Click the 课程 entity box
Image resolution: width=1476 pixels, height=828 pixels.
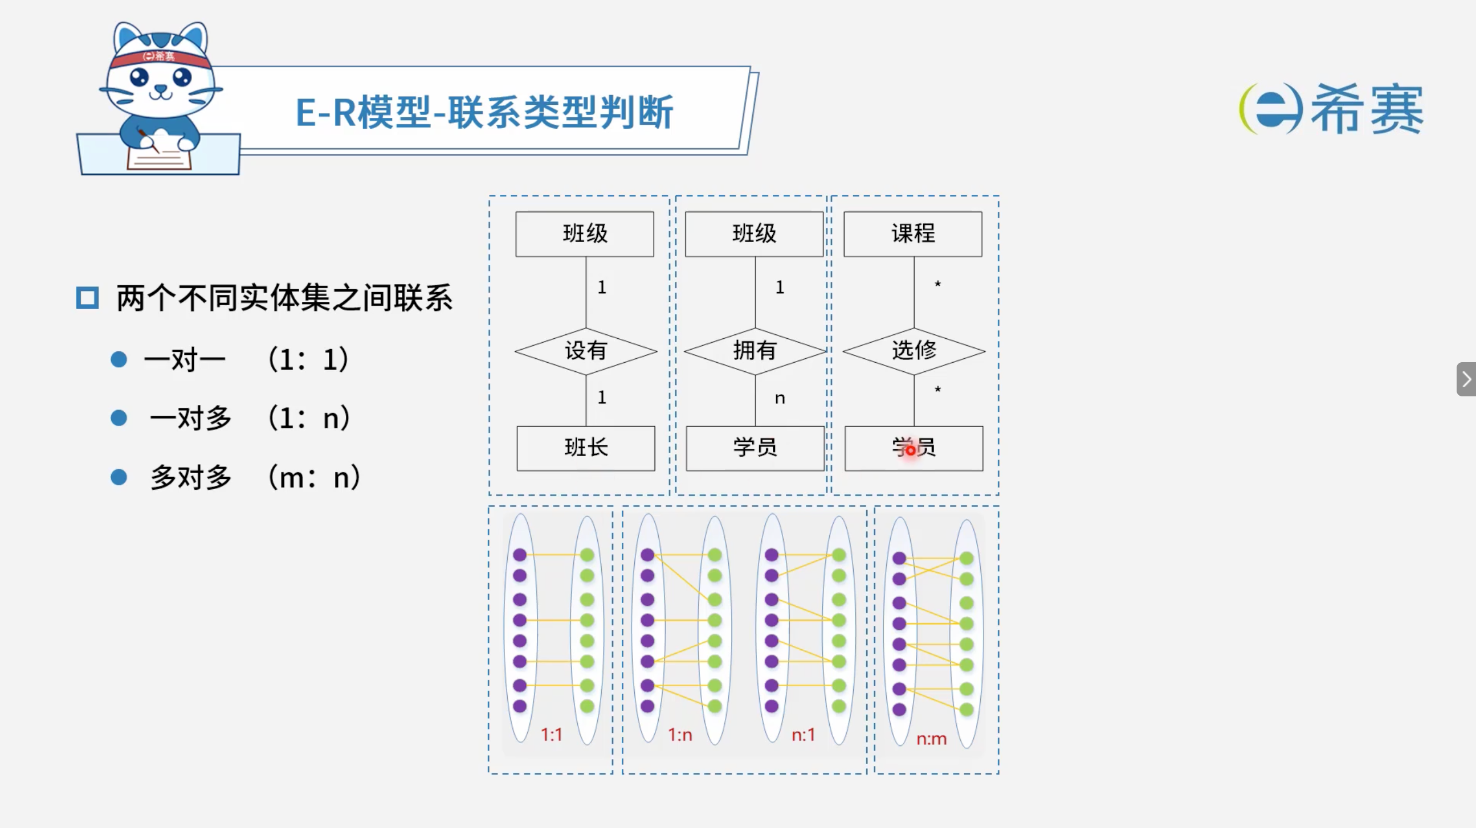coord(913,233)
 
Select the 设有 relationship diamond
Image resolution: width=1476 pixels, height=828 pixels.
coord(586,351)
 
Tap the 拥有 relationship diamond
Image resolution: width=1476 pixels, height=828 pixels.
coord(755,351)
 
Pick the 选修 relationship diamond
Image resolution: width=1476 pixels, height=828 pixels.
coord(914,351)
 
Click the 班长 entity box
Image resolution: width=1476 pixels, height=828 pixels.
coord(586,448)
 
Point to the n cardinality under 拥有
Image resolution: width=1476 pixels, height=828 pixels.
coord(780,398)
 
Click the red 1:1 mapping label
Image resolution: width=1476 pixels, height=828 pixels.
coord(552,735)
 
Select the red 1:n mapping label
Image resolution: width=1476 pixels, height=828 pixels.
coord(680,735)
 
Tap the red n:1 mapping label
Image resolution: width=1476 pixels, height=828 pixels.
coord(804,735)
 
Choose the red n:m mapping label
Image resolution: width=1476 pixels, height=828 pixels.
coord(932,739)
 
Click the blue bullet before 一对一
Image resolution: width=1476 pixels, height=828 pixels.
coord(119,359)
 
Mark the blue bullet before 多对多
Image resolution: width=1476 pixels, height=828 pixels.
coord(119,477)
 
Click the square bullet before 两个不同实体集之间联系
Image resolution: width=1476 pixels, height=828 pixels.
coord(87,298)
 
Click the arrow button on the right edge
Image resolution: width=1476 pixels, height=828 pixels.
coord(1466,379)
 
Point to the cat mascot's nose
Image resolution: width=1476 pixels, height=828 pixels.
coord(161,89)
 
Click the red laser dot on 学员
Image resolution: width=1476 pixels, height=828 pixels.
coord(911,450)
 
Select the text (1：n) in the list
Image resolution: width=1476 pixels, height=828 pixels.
coord(309,417)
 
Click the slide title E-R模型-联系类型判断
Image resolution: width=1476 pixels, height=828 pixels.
coord(484,112)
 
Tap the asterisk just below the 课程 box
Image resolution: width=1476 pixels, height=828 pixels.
coord(938,284)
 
